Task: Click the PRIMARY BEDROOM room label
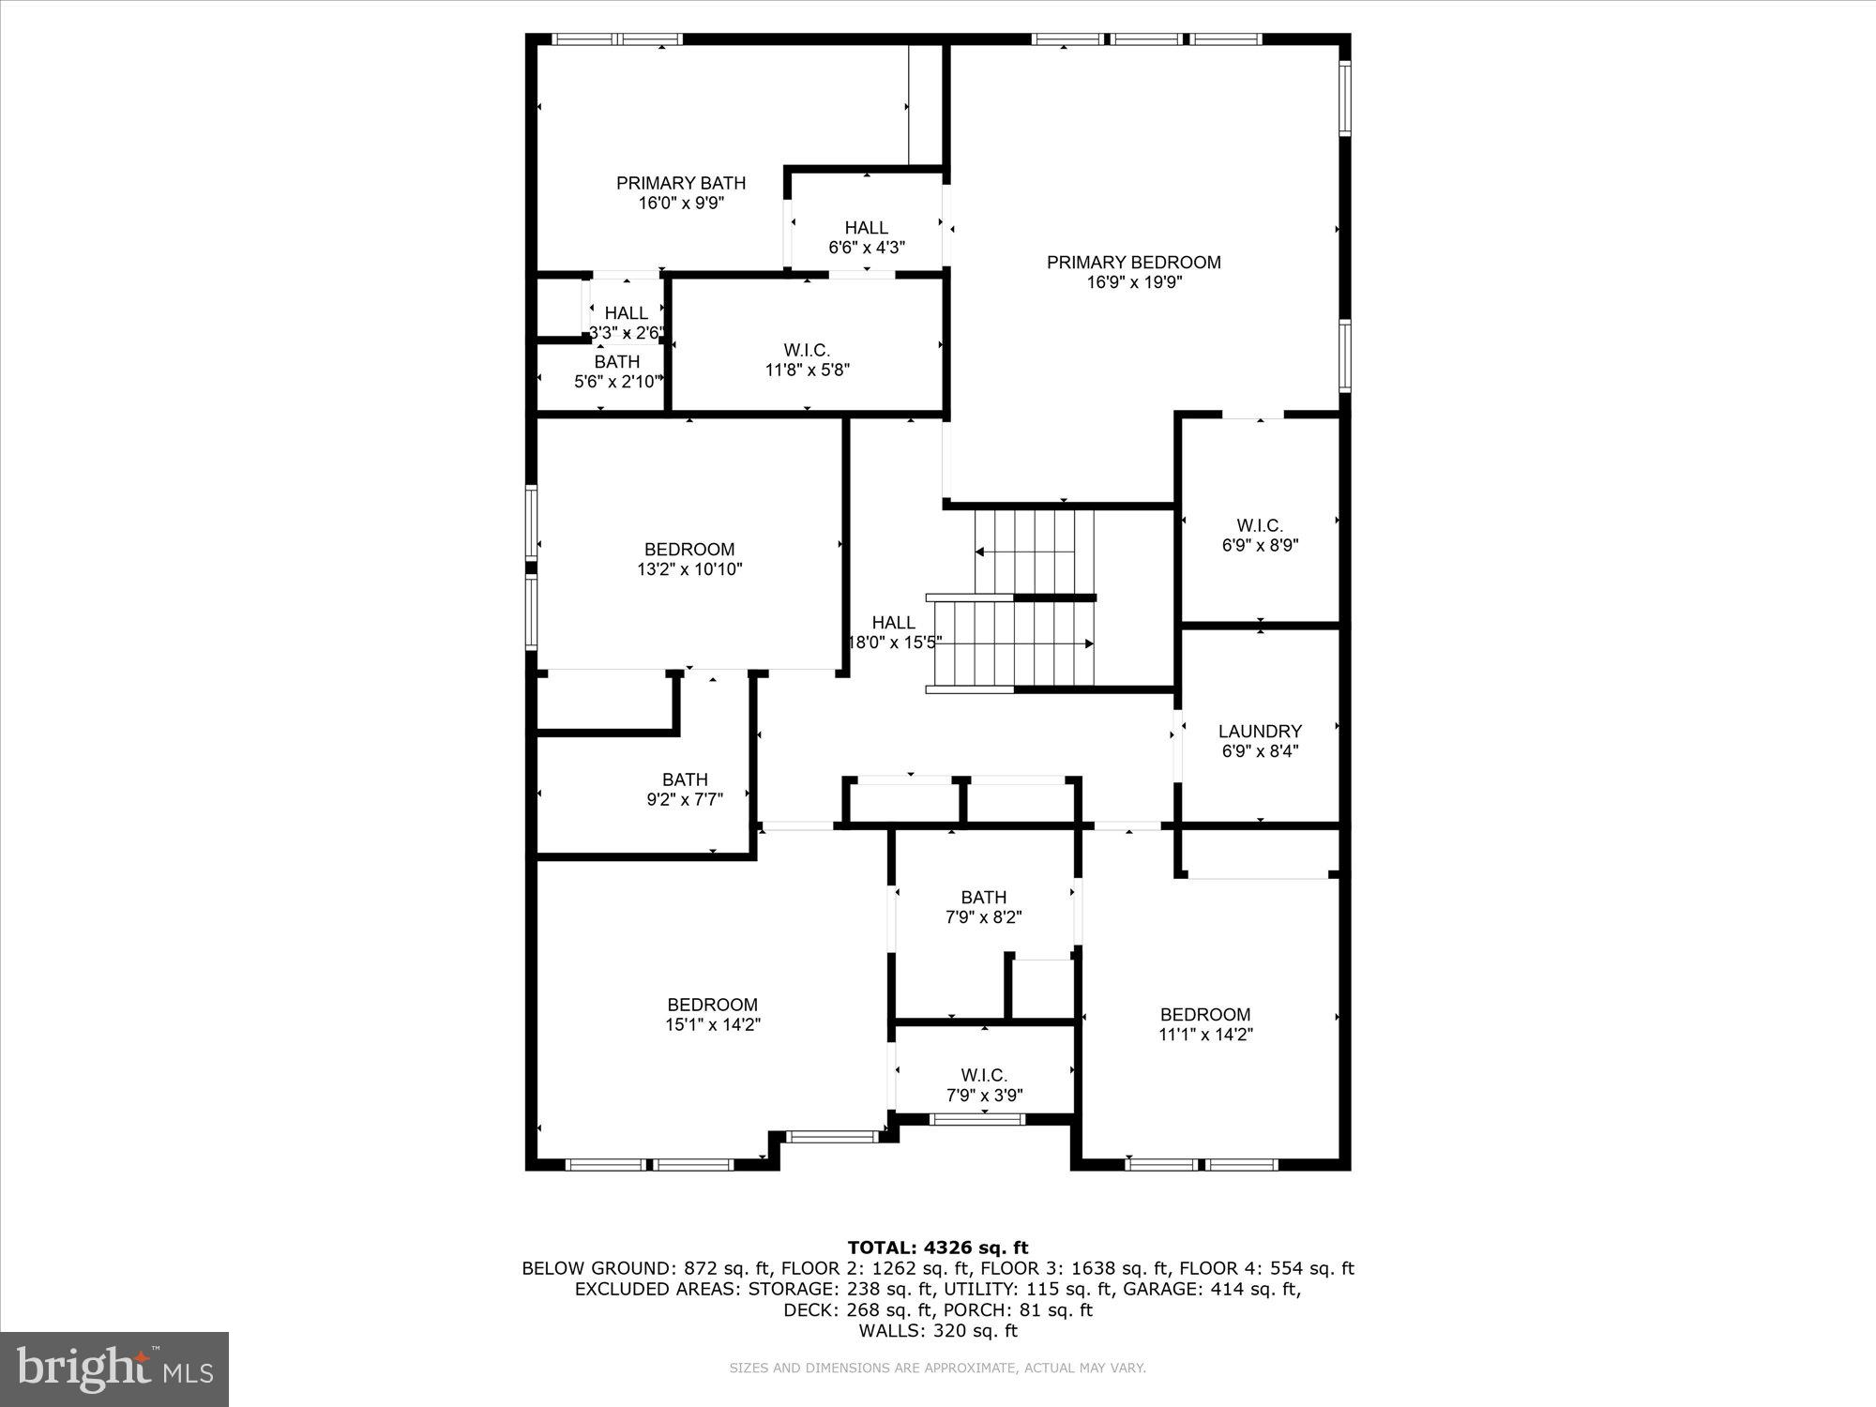pos(1133,263)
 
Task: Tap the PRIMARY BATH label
pos(681,183)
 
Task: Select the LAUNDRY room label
pos(1260,731)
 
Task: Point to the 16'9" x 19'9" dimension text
pos(1133,283)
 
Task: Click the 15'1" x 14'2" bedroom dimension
pos(712,1025)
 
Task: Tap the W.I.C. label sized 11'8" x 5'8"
pos(807,350)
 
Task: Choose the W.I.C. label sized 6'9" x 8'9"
pos(1260,525)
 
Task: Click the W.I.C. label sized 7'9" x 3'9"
pos(984,1075)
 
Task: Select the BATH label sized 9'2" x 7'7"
pos(685,779)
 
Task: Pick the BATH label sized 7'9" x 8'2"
pos(983,897)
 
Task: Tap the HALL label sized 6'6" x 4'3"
pos(866,228)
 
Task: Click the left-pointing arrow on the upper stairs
pos(980,552)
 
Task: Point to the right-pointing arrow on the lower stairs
pos(1088,643)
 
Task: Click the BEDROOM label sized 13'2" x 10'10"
pos(689,549)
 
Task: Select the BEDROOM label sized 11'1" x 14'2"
pos(1205,1014)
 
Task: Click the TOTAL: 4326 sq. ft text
pos(938,1248)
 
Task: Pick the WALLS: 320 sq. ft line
pos(938,1330)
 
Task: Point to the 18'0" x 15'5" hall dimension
pos(894,643)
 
